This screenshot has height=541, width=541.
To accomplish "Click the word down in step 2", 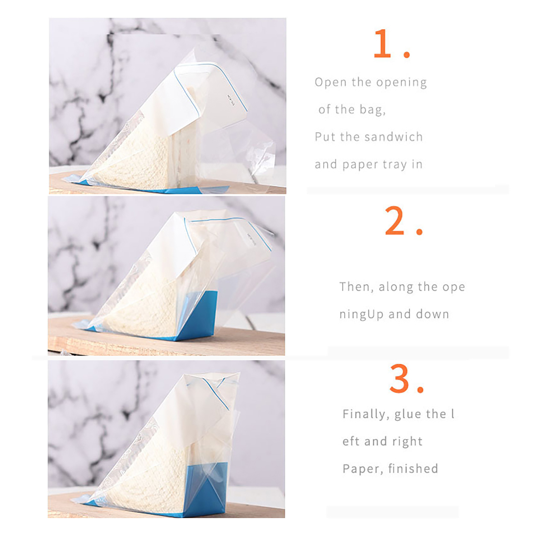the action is pyautogui.click(x=432, y=314).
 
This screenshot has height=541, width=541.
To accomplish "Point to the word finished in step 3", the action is pyautogui.click(x=413, y=469).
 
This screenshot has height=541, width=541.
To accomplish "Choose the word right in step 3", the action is pyautogui.click(x=407, y=442).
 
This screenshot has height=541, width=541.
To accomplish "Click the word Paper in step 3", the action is pyautogui.click(x=363, y=469).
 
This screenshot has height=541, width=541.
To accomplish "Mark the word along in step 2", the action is pyautogui.click(x=396, y=287).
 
